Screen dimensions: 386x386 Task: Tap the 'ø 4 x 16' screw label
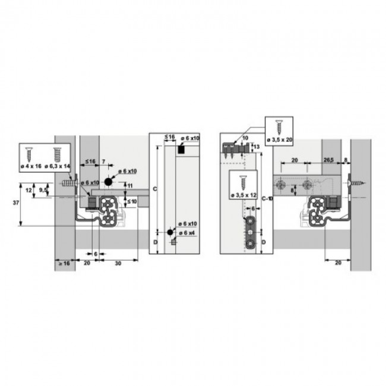click(30, 167)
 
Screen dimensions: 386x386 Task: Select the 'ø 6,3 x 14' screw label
click(58, 167)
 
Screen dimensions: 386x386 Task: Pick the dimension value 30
click(118, 262)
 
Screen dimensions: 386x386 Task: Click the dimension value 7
click(103, 162)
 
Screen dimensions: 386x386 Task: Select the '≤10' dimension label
click(131, 202)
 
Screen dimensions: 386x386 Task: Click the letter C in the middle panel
click(154, 188)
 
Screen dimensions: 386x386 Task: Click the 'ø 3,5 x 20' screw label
click(279, 140)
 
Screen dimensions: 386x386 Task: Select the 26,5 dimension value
click(328, 160)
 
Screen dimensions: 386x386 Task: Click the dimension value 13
click(257, 146)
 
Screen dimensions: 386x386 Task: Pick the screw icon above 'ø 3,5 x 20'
click(279, 126)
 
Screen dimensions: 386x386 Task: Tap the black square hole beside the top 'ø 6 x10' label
click(179, 151)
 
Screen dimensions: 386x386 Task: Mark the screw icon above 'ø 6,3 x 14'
click(58, 153)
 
